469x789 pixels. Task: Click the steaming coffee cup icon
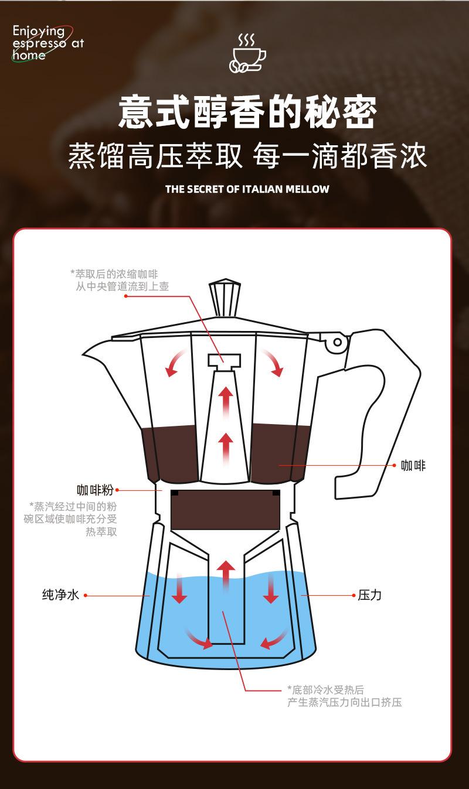coord(247,53)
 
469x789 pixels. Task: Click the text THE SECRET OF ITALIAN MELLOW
coord(247,189)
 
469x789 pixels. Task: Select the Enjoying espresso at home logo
coord(47,42)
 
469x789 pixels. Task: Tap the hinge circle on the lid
coord(337,342)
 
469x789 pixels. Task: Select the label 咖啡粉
coord(95,490)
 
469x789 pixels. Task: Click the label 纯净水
coord(60,595)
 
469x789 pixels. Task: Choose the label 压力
coord(369,595)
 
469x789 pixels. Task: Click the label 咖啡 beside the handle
coord(413,466)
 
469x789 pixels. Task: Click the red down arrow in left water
coord(179,589)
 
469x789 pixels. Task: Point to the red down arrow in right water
coord(270,589)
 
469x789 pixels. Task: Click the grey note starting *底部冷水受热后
coord(344,696)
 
